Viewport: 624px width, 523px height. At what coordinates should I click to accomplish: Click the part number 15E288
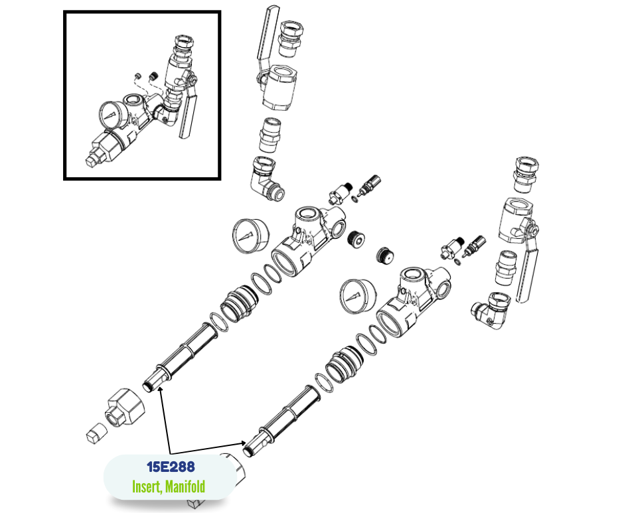(171, 467)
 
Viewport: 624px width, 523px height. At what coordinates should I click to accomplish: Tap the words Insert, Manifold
(169, 486)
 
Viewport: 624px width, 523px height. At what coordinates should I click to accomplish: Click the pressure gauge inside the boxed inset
(113, 115)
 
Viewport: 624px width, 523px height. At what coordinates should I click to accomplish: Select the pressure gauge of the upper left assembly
(250, 235)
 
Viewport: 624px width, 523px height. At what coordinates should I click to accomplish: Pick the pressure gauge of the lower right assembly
(358, 296)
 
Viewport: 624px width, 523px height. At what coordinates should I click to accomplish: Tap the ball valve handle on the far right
(526, 271)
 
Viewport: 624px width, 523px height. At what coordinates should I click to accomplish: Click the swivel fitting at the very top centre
(291, 38)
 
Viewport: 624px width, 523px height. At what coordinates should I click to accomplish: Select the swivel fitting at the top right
(526, 175)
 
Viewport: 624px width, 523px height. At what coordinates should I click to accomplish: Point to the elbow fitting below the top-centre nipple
(266, 178)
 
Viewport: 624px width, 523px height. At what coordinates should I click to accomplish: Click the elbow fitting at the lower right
(491, 311)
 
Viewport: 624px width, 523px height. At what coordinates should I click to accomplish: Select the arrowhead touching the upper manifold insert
(160, 390)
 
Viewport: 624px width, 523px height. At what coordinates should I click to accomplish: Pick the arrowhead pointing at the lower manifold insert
(243, 443)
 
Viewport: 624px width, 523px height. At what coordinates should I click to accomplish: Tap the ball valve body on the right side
(516, 220)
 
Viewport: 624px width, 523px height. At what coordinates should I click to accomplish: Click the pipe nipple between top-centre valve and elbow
(270, 135)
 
